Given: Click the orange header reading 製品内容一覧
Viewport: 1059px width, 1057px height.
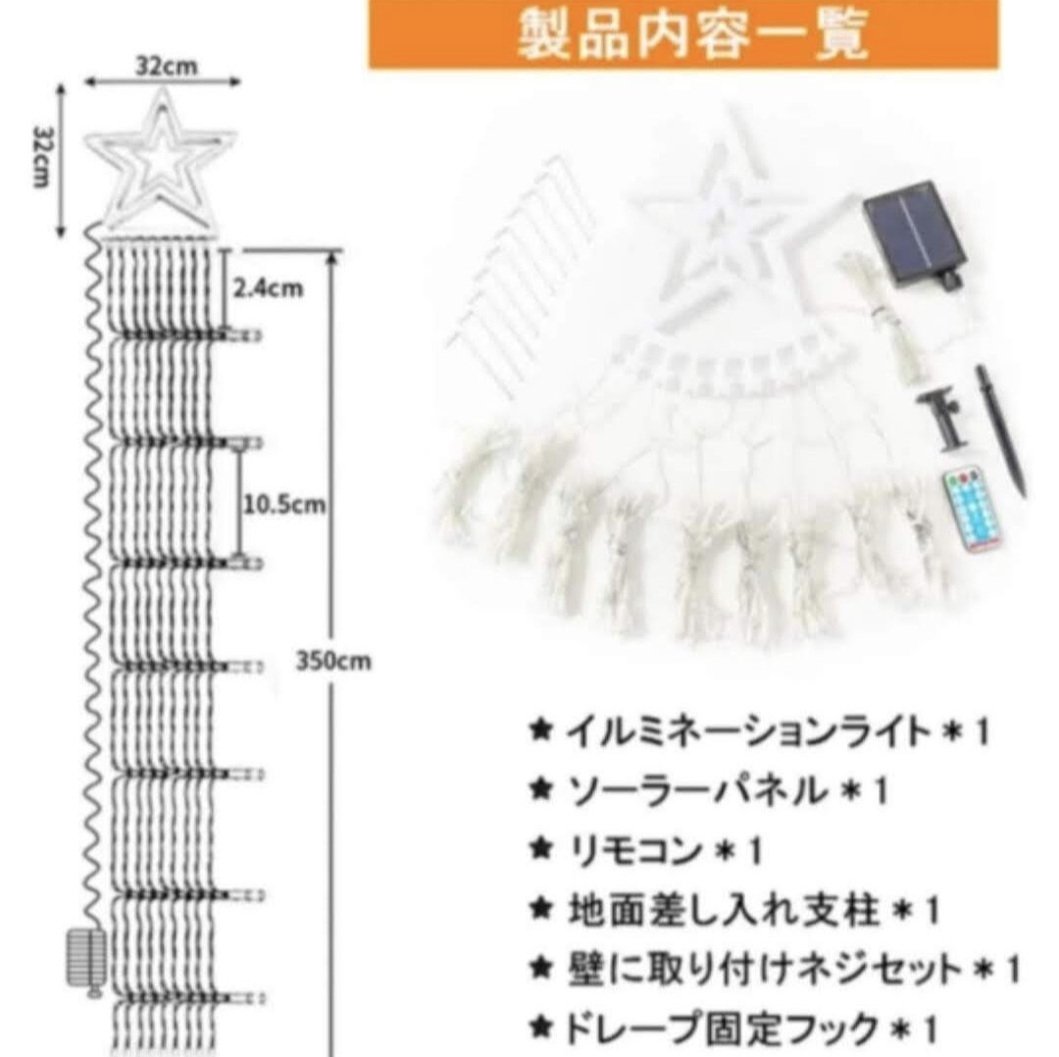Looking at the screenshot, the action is click(682, 33).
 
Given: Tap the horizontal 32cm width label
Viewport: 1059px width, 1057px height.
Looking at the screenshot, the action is click(166, 67).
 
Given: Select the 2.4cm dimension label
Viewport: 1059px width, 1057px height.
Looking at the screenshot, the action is click(268, 288).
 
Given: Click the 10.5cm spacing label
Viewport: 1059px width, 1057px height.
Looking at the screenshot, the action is click(284, 504).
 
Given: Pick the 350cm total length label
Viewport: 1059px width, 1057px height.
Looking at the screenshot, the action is click(333, 661).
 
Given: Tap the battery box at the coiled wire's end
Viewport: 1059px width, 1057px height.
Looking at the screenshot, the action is click(86, 958).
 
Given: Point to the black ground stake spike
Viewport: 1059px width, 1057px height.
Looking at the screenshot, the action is click(999, 429).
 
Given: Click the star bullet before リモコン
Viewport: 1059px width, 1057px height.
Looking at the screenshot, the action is click(541, 849).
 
